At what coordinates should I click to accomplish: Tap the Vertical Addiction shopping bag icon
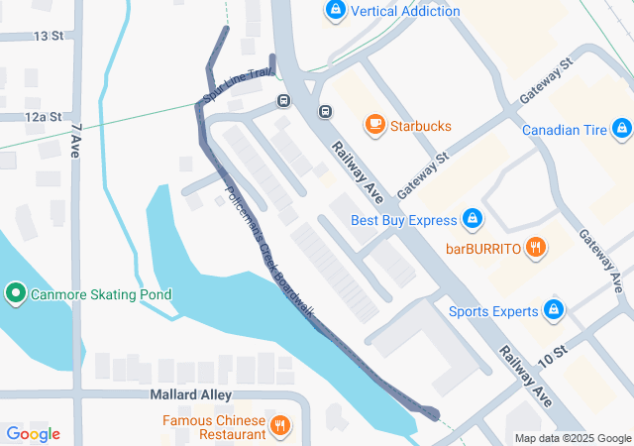[336, 11]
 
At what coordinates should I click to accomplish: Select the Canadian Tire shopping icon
[621, 129]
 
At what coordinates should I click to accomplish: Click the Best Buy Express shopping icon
[473, 218]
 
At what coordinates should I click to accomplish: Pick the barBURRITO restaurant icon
[536, 247]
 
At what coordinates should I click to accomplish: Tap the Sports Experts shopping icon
[554, 310]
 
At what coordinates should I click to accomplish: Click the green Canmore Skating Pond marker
[15, 294]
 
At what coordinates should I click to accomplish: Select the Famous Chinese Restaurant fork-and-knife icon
[280, 426]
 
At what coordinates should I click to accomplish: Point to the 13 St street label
[48, 36]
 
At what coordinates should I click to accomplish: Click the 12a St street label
[44, 117]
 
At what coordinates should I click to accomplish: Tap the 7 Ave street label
[75, 142]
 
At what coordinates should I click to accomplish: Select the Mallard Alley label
[163, 394]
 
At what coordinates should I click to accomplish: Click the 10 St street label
[552, 353]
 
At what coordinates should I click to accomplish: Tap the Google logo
[33, 433]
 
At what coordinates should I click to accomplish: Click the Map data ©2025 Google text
[572, 438]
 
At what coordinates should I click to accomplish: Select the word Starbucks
[420, 126]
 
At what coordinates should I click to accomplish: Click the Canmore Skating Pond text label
[101, 294]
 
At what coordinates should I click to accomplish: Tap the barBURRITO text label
[483, 248]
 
